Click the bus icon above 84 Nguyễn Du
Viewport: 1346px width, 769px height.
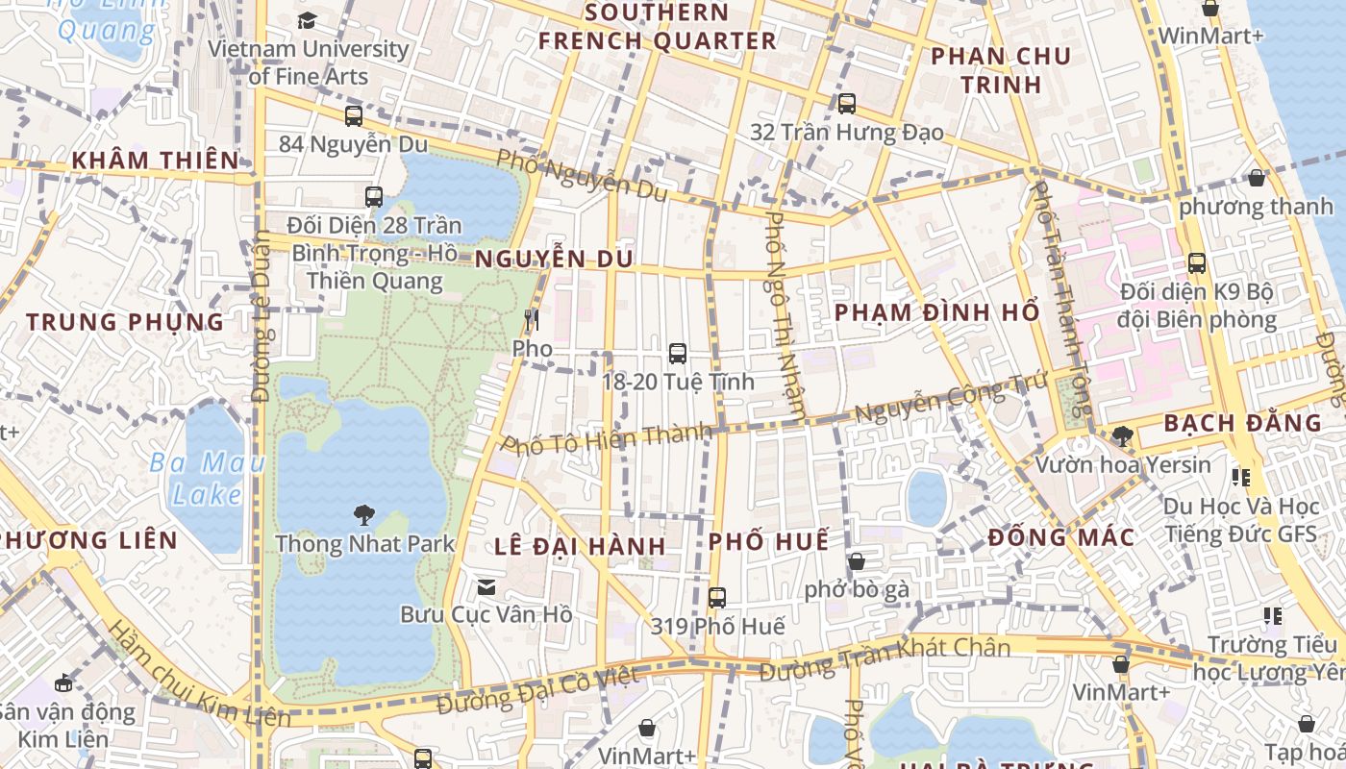click(354, 116)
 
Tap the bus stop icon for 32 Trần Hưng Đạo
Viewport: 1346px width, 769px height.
click(846, 104)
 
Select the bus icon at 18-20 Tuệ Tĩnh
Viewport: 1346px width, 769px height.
click(677, 354)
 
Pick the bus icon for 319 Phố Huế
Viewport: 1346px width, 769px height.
click(716, 598)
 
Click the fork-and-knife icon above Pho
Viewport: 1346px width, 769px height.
click(532, 319)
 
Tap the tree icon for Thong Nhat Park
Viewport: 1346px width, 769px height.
click(364, 515)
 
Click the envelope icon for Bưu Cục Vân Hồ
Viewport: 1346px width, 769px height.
click(486, 586)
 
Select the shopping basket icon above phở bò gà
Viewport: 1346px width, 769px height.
click(856, 561)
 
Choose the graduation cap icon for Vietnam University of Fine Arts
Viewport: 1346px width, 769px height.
click(307, 20)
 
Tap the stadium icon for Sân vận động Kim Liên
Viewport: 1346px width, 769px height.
click(63, 683)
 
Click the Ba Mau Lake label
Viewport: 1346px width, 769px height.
click(207, 479)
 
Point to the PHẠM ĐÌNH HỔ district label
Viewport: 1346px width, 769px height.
click(936, 312)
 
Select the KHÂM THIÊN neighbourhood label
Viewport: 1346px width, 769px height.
click(156, 160)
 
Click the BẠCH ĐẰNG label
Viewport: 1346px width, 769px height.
click(1242, 423)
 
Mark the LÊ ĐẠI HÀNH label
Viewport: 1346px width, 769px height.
click(580, 546)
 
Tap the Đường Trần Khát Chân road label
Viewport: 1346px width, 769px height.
click(885, 659)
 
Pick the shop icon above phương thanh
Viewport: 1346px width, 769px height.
click(1256, 178)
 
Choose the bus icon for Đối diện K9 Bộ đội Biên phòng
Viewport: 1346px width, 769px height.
click(1196, 263)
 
